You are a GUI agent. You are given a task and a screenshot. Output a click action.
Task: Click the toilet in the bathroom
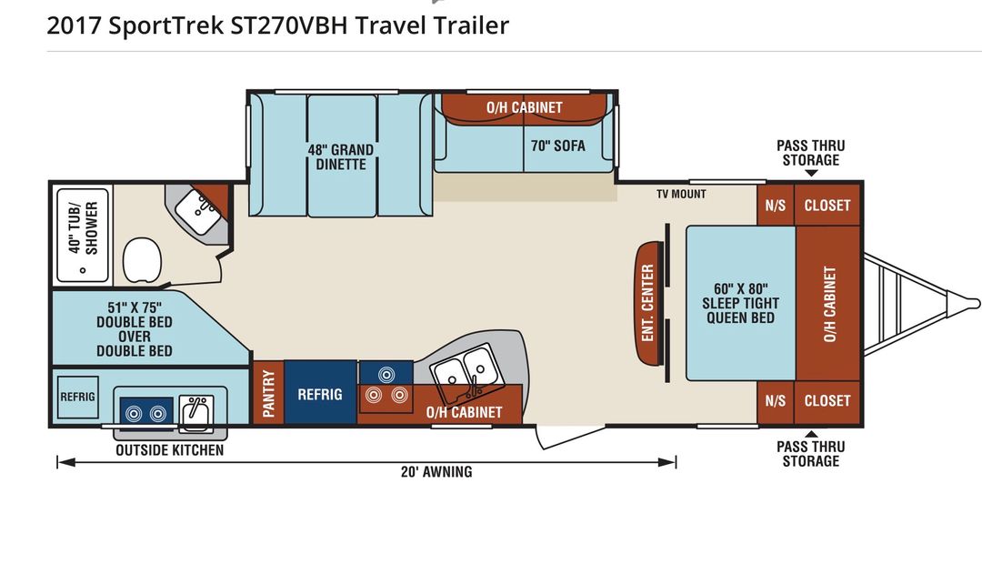coord(142,259)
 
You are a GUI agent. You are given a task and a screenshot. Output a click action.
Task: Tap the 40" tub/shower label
coord(84,228)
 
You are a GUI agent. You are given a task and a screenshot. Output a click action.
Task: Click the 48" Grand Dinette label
coord(341,156)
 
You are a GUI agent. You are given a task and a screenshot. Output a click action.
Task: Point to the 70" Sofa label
coord(558,146)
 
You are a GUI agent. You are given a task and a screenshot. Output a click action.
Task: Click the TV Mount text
coord(681,194)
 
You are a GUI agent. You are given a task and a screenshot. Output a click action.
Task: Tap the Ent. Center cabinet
coord(649,303)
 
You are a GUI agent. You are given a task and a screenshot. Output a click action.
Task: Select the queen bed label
coord(741,303)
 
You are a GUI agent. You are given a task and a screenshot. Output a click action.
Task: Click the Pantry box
coord(268,393)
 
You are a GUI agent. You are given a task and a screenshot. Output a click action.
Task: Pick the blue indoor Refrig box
coord(320,393)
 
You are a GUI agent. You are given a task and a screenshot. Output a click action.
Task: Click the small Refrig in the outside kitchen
coord(77,397)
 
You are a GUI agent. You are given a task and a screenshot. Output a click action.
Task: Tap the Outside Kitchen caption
coord(170,450)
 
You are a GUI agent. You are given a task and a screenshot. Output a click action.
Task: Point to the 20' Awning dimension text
coord(436,471)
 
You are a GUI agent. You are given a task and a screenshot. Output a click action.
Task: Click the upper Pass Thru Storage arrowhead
coord(811,173)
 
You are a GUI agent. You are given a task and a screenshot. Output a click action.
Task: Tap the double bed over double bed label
coord(135,329)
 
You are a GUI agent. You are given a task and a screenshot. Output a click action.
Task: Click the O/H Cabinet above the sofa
coord(525,107)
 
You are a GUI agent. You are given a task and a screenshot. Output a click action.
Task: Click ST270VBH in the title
coord(289,25)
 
